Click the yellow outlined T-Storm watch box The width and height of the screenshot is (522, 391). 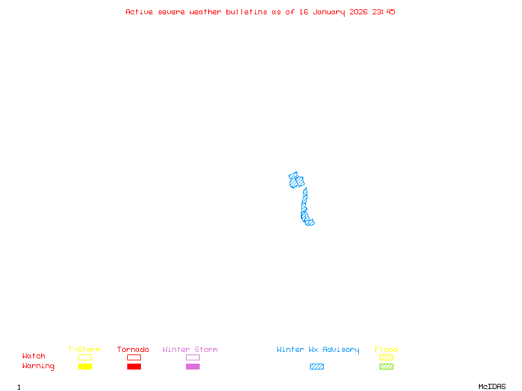85,357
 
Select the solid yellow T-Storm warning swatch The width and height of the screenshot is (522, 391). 85,366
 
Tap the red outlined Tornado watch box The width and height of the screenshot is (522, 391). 134,357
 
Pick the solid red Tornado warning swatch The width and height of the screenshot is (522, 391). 134,366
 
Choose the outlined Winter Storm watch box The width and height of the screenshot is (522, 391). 192,357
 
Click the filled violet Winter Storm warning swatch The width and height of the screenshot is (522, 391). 192,366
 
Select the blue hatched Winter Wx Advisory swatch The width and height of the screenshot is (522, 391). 316,366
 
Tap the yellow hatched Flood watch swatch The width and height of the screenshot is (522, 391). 386,357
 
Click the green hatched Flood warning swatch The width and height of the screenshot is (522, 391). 386,366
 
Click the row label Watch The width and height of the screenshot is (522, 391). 34,356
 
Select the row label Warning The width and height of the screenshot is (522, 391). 38,366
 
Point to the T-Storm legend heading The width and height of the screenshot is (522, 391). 84,350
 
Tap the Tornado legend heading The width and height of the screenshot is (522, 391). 133,350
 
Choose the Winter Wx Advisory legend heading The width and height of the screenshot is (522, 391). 318,350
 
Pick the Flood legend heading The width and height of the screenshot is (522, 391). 386,350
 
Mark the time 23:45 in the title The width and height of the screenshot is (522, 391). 384,12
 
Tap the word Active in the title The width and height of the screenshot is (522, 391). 139,12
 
